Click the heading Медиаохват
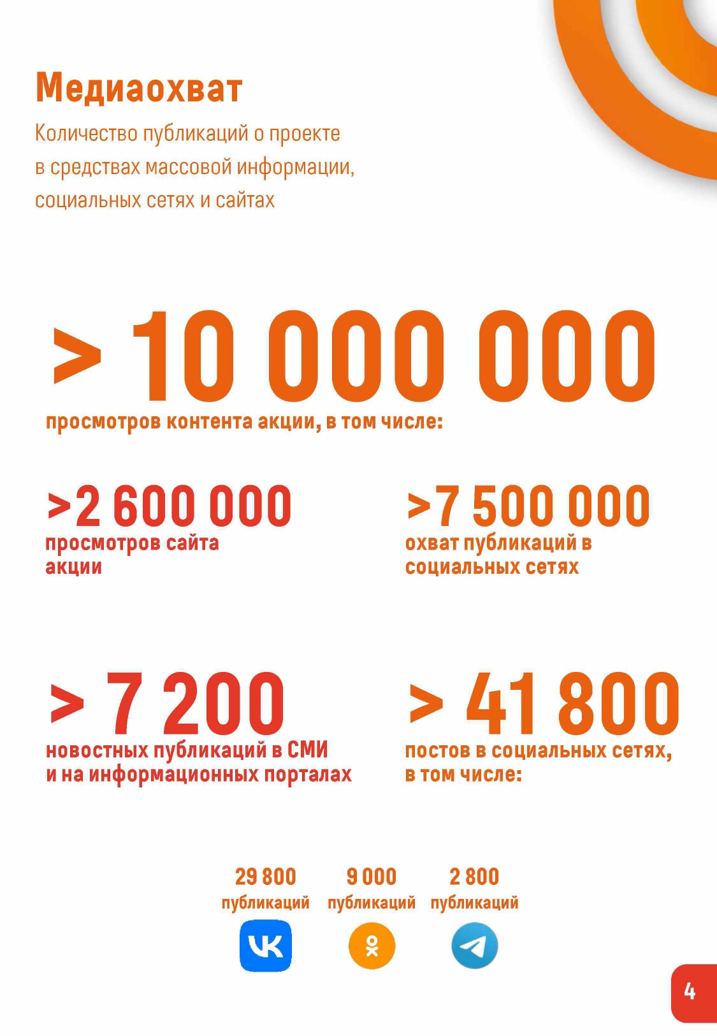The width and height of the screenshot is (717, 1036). tap(139, 87)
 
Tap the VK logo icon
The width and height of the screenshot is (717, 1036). tap(266, 945)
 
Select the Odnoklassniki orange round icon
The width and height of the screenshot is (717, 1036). tap(372, 946)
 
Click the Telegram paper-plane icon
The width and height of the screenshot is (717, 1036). tap(475, 946)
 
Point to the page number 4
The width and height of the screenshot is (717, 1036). tap(690, 991)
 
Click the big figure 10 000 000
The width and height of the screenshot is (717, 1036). tap(393, 358)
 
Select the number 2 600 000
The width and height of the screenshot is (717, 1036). tap(183, 506)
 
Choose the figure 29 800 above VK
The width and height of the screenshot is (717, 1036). tap(266, 877)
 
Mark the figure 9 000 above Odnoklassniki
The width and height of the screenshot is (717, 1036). tap(372, 877)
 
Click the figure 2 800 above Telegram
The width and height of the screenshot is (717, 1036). tap(474, 877)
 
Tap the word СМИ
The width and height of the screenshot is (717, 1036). tap(308, 750)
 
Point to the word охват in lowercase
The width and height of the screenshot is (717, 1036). tap(431, 543)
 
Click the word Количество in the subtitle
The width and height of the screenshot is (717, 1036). tap(86, 133)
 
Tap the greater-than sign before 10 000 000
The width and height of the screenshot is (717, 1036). tap(77, 356)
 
